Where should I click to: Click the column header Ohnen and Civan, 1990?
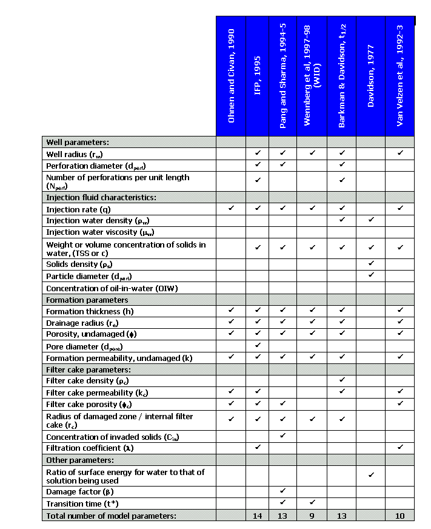click(x=231, y=75)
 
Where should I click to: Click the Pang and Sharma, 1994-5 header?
click(x=283, y=75)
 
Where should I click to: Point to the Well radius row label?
click(x=79, y=153)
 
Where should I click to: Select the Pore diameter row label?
click(x=81, y=346)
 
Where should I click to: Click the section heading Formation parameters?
click(x=87, y=300)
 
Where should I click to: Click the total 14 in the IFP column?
click(x=258, y=516)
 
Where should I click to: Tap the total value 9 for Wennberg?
click(x=312, y=516)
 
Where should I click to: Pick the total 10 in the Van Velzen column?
click(x=400, y=516)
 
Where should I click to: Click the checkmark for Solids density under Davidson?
click(x=371, y=263)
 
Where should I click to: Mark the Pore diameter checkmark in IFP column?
click(x=258, y=345)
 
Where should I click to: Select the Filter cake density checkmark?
click(x=342, y=380)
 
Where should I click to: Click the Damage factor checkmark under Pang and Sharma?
click(x=283, y=491)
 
